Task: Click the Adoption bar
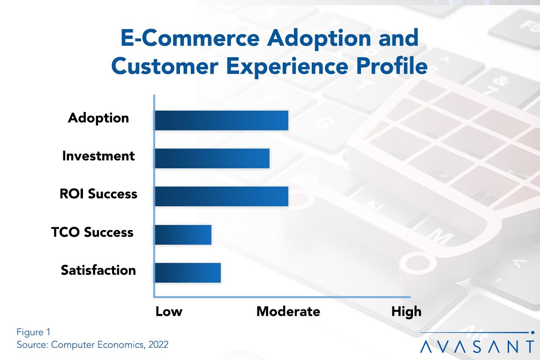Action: (x=221, y=120)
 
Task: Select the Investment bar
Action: (x=212, y=158)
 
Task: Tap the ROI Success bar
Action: (x=221, y=196)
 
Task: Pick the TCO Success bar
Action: (x=183, y=234)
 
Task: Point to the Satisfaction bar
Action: (x=187, y=272)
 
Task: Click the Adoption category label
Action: (x=98, y=118)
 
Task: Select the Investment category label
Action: (x=98, y=156)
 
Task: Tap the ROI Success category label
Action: (x=98, y=194)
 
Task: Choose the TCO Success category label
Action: (x=92, y=232)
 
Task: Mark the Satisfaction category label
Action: (x=98, y=270)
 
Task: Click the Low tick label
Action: (x=169, y=311)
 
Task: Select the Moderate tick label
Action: (x=288, y=311)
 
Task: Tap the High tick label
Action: (x=407, y=311)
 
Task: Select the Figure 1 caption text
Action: (x=33, y=332)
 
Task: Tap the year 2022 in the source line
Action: (x=158, y=345)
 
